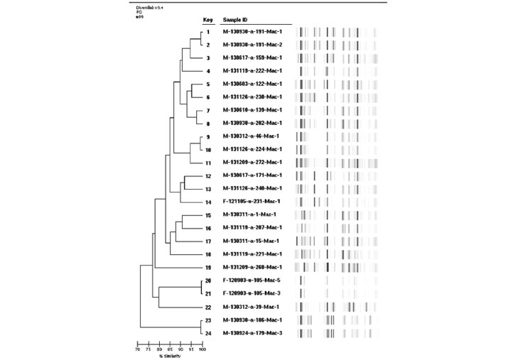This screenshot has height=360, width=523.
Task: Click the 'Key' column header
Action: coord(208,21)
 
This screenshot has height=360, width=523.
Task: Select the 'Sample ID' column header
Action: coord(235,21)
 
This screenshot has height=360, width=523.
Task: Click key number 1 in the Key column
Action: coord(208,32)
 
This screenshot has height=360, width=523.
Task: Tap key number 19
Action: coord(208,268)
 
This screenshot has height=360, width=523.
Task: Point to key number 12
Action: coord(208,175)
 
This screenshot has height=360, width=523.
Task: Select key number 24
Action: coord(208,333)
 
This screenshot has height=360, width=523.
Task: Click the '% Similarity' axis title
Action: coord(170,356)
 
